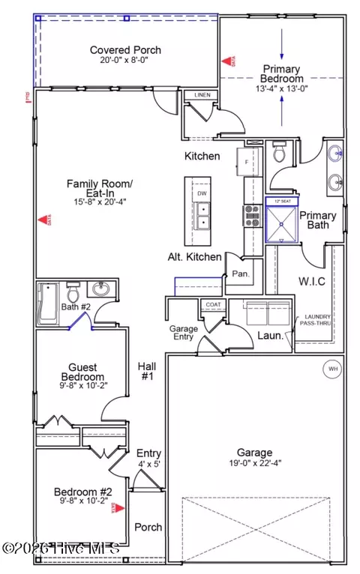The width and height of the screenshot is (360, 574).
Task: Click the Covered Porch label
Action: click(x=125, y=50)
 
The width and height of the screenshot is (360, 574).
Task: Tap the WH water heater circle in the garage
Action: click(x=331, y=368)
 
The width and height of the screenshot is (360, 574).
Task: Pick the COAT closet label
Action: click(x=212, y=305)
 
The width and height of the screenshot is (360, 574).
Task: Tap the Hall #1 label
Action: click(x=145, y=371)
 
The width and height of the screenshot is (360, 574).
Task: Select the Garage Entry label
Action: click(x=181, y=332)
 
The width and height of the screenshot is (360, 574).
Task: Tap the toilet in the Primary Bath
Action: click(x=281, y=154)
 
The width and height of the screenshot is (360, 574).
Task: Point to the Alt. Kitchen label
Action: click(x=194, y=257)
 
